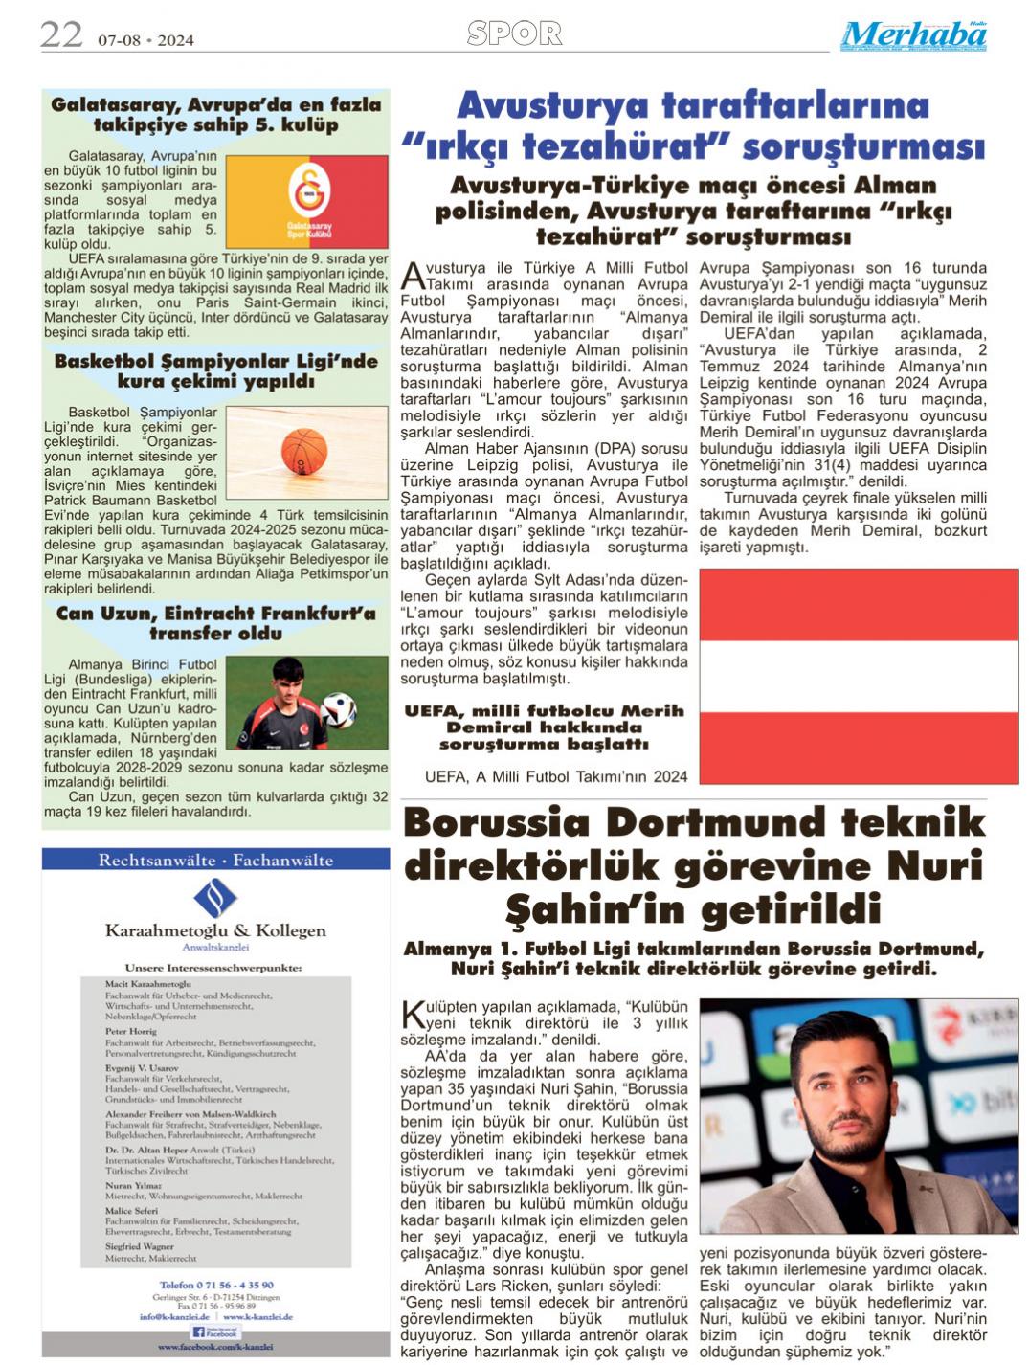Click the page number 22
61,35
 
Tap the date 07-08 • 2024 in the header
145,40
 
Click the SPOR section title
514,34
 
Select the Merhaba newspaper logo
913,36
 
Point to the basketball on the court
304,449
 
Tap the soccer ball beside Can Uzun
338,709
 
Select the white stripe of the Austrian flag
859,676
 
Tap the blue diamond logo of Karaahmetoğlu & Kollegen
215,898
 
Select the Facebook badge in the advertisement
214,1331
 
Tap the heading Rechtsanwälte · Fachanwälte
215,860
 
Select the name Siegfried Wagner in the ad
140,1246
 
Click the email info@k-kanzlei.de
174,1317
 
